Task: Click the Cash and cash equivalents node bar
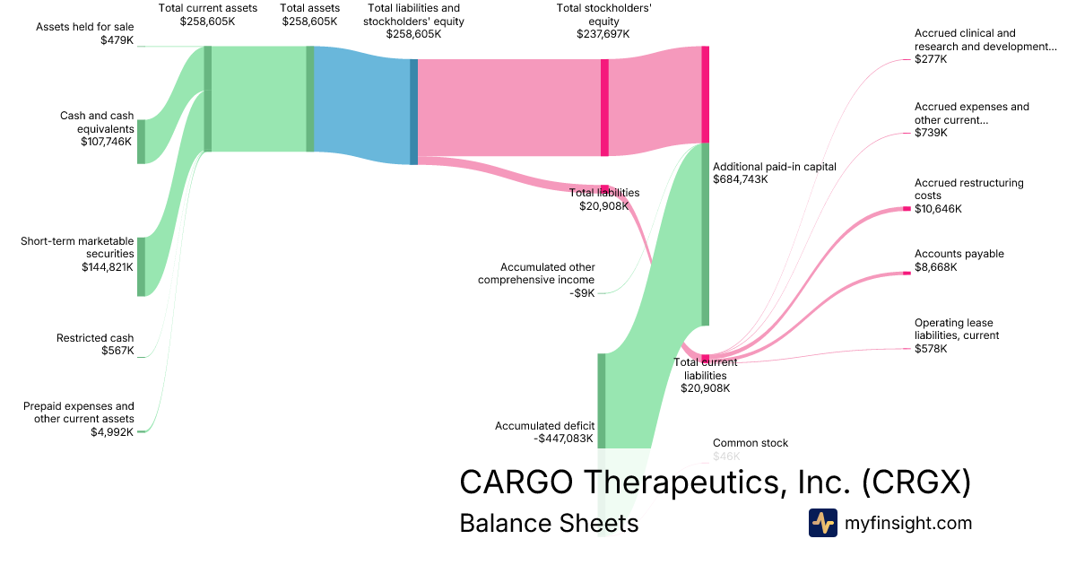point(141,141)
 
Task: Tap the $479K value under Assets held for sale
point(117,40)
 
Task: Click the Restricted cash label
point(95,338)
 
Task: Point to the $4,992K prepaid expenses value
point(112,431)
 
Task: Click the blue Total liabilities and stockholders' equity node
point(413,111)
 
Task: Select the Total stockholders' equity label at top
point(603,14)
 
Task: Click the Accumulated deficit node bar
point(602,400)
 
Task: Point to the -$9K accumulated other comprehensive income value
point(582,292)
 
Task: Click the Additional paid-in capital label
point(775,166)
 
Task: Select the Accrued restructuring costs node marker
point(906,209)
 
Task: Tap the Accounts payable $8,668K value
point(936,267)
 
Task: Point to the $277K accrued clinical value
point(931,59)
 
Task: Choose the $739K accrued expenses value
point(931,133)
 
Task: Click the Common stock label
point(751,443)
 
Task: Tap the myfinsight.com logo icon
point(822,523)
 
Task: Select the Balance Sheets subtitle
point(549,523)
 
